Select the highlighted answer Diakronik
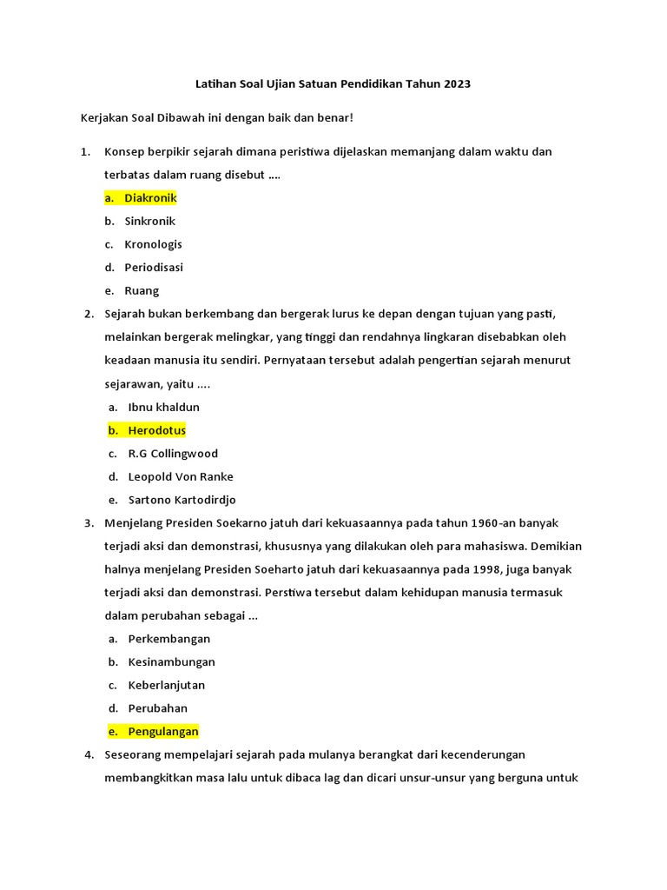coord(150,198)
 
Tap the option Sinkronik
coord(149,221)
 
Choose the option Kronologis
coord(153,244)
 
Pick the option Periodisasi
coord(154,268)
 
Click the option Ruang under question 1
coord(142,291)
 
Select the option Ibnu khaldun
coord(163,407)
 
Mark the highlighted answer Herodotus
coord(156,430)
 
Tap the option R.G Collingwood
coord(173,454)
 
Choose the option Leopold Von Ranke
coord(181,476)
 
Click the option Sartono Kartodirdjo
coord(182,500)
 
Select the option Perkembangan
coord(169,639)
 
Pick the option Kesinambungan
coord(171,662)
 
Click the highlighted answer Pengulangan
coord(163,732)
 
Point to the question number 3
coord(88,523)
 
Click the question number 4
coord(88,754)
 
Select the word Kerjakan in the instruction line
coord(106,116)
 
